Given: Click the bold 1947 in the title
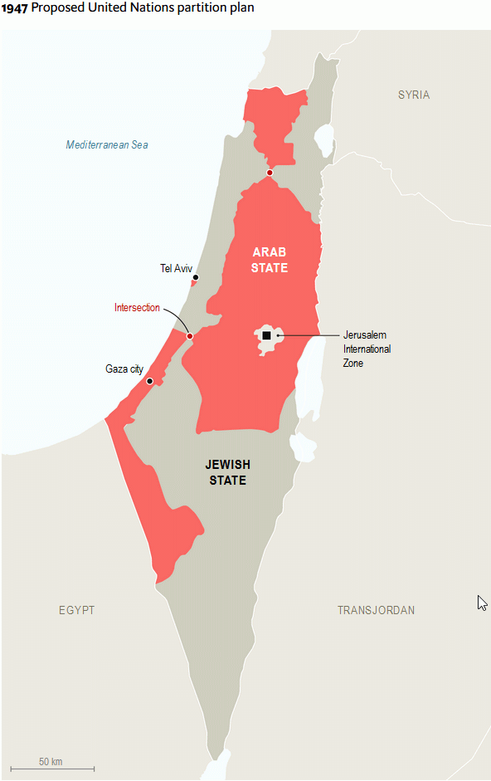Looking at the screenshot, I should pos(14,7).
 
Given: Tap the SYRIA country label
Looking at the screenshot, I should pos(413,95).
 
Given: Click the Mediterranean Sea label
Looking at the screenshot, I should pos(107,145).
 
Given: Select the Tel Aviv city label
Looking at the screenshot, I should pos(176,268).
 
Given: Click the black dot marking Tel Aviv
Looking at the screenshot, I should pos(196,278).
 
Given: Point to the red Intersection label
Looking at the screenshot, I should pos(137,308).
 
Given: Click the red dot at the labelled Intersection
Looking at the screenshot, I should pos(190,336).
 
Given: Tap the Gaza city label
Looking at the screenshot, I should pos(124,369).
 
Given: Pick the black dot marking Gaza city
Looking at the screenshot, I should pos(150,382).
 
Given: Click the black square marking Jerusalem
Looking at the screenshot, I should pos(266,335).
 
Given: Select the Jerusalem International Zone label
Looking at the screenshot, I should pos(367,349).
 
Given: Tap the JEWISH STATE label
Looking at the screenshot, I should pos(227,472).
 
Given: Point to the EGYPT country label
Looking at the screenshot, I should pos(76,610).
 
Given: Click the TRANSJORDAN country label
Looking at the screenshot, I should pos(376,610).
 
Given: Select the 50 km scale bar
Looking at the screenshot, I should pos(51,769).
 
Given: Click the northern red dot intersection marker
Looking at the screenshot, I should pos(270,173).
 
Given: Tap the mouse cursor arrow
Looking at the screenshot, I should pos(482,603).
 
